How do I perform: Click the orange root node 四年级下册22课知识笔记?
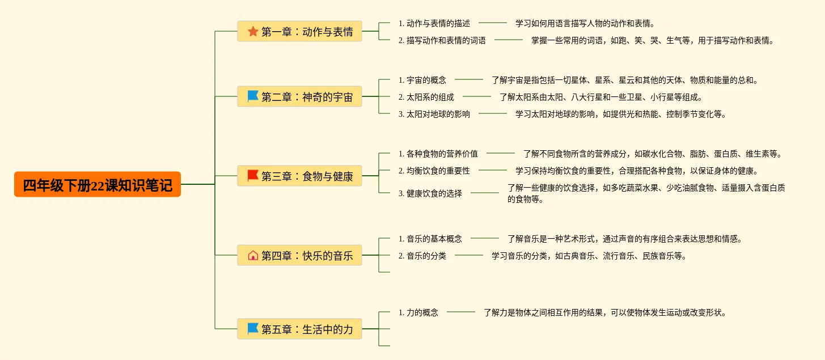pos(98,185)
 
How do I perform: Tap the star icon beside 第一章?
pos(253,32)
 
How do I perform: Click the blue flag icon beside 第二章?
pos(253,96)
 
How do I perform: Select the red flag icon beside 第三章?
pos(253,176)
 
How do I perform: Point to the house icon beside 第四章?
pos(253,255)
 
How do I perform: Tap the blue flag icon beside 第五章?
pos(253,329)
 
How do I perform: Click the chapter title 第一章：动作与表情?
pos(307,32)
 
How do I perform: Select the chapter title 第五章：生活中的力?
pos(307,329)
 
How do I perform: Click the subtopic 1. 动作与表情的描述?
pos(434,23)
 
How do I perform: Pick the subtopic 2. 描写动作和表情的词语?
pos(442,40)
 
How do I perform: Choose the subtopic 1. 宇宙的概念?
pos(422,80)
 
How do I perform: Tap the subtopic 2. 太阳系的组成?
pos(426,97)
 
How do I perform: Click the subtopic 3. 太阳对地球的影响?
pos(434,114)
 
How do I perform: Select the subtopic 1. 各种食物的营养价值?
pos(438,154)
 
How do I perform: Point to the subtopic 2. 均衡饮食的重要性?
pos(434,171)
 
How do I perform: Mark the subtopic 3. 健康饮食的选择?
pos(430,193)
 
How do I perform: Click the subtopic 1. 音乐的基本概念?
pos(430,239)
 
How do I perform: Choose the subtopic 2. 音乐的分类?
pos(422,256)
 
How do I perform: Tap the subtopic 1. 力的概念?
pos(418,312)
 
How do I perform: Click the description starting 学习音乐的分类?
pos(589,256)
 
